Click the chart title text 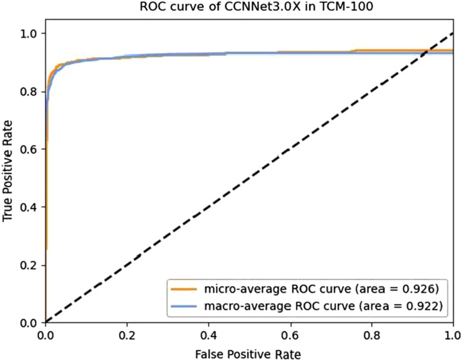coord(249,8)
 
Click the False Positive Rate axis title coord(249,353)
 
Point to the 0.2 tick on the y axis coord(29,264)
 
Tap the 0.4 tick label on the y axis coord(29,207)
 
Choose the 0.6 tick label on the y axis coord(29,149)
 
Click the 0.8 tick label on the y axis coord(29,91)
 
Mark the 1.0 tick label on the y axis coord(29,33)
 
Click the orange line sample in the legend coord(184,289)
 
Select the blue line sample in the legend coord(184,305)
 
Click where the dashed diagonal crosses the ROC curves coord(427,51)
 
